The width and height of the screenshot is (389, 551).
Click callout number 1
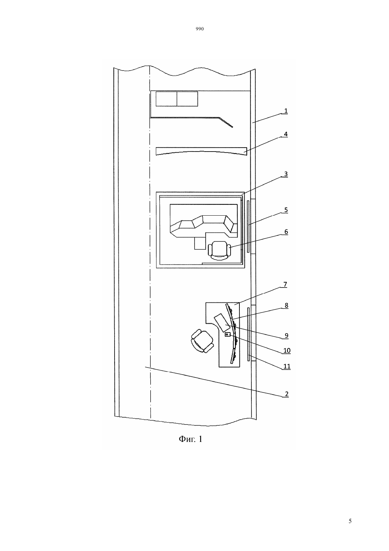click(286, 111)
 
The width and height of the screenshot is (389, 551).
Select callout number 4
click(286, 134)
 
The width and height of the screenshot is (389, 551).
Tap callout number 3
click(286, 174)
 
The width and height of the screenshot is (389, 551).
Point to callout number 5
click(286, 210)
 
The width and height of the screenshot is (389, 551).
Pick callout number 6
click(286, 232)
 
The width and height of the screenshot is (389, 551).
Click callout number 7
click(285, 284)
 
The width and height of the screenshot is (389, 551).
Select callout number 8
click(286, 305)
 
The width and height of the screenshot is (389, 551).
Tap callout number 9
click(286, 335)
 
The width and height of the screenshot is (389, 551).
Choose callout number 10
click(287, 350)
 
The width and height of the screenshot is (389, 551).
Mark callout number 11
click(287, 366)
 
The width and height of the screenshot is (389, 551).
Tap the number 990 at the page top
click(200, 29)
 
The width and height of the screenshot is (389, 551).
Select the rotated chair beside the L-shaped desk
click(202, 341)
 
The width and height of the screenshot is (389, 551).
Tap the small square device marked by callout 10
click(228, 334)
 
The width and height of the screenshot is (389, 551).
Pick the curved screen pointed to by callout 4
click(201, 151)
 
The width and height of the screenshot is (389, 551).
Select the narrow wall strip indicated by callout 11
click(249, 334)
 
